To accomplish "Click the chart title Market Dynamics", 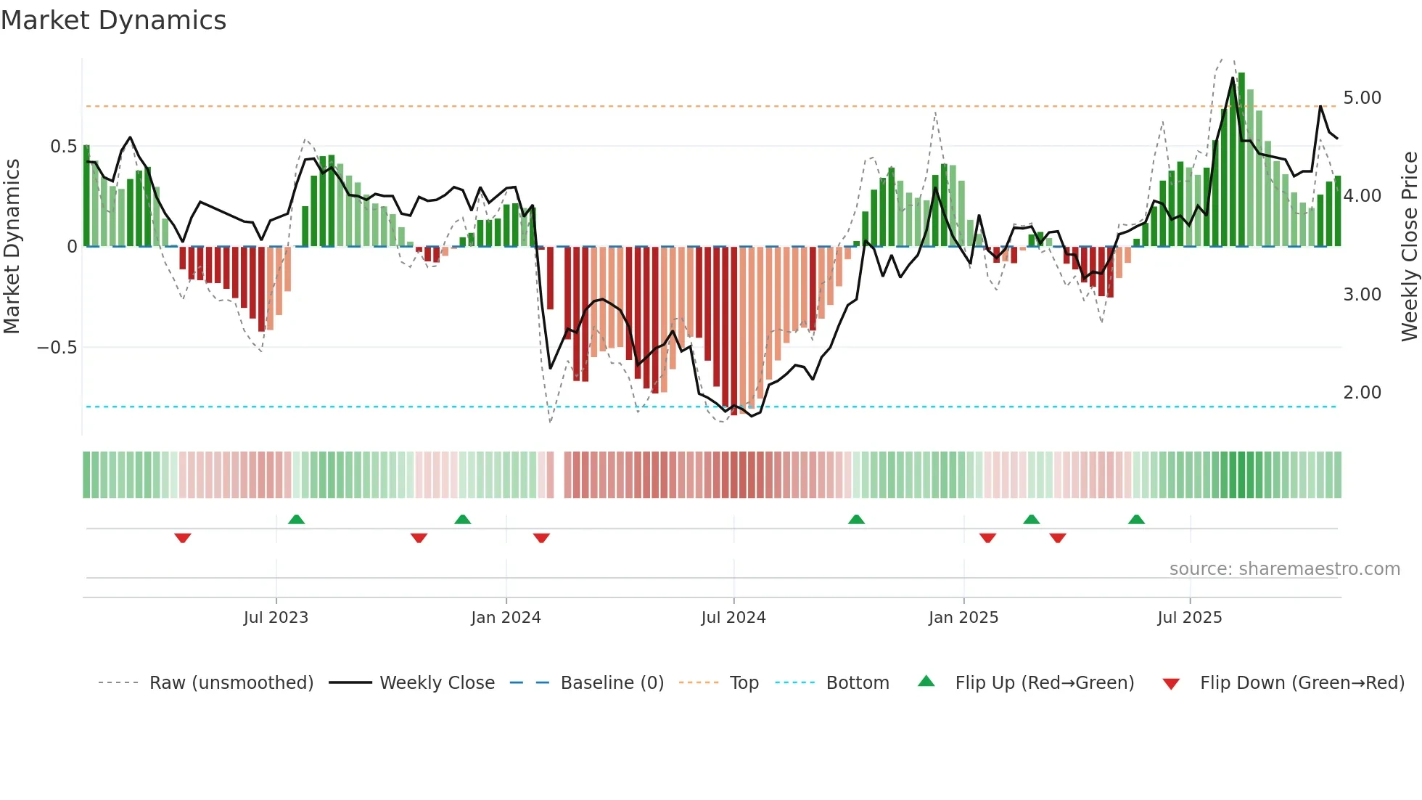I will click(114, 20).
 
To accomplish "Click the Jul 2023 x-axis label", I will click(276, 618).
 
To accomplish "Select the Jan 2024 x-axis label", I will click(506, 618).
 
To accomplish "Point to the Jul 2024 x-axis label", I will click(733, 618).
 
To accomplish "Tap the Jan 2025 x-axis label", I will click(963, 618).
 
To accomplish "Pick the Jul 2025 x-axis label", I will click(1190, 618).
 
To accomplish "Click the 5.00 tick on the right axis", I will click(1362, 98).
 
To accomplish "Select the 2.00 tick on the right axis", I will click(1362, 393).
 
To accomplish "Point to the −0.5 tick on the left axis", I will click(57, 348).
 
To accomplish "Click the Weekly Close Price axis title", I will click(1409, 246).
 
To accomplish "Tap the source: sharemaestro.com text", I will click(1284, 569).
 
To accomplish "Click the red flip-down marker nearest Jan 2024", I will click(541, 538).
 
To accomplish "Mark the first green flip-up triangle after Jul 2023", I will click(296, 519).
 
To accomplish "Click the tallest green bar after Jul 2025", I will click(1241, 160).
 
